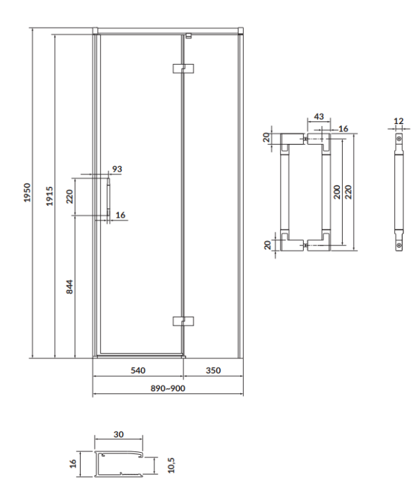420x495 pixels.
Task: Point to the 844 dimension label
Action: [x=69, y=287]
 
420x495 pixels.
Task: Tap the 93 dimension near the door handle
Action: [x=117, y=169]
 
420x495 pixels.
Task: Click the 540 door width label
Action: [x=137, y=370]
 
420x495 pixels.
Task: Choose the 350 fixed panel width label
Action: [x=213, y=370]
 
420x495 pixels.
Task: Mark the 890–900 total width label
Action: [x=168, y=388]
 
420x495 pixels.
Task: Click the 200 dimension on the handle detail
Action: [x=337, y=192]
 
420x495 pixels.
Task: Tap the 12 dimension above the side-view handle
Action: [x=398, y=121]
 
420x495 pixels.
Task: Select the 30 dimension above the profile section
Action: [x=119, y=434]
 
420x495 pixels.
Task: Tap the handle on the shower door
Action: [x=108, y=196]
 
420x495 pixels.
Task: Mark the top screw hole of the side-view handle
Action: [x=399, y=139]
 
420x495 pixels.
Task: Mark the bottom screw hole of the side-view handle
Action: [x=399, y=246]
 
